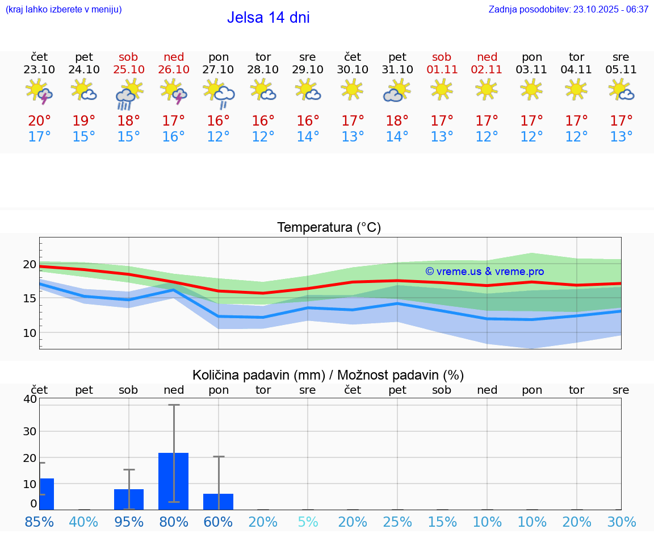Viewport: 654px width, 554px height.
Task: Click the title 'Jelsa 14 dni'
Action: [268, 18]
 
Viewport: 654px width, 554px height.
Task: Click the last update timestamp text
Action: [568, 9]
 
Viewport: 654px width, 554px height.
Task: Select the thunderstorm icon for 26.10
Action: [174, 92]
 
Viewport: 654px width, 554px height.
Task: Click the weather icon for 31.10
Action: [397, 91]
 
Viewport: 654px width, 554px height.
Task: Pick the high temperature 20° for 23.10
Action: [39, 120]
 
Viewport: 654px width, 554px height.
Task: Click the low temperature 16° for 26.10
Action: [174, 137]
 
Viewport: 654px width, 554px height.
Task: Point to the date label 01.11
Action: [442, 70]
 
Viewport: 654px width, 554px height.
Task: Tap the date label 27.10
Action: [219, 70]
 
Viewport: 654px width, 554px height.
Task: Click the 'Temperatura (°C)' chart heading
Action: [329, 227]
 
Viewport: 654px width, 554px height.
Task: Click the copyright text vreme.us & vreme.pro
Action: [484, 272]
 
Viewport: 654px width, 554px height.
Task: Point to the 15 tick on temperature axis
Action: [30, 298]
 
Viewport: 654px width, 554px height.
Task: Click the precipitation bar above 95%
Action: [129, 499]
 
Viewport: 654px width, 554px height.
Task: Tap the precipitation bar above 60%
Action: [219, 502]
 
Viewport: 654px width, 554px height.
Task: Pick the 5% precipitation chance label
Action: [308, 522]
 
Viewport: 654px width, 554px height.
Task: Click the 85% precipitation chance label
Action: [39, 522]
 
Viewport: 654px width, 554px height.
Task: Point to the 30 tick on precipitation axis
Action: [30, 431]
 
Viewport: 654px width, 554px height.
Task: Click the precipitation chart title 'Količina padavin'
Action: [328, 375]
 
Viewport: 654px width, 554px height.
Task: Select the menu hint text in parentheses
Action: [64, 9]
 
